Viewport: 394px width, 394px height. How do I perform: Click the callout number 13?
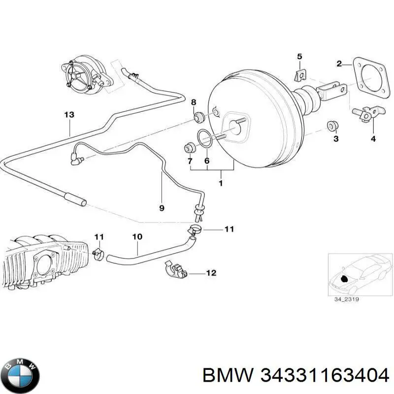tap(69, 115)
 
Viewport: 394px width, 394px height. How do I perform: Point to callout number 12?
tap(211, 272)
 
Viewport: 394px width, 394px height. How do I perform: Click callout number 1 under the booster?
tap(220, 184)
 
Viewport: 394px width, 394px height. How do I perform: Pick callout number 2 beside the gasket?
tap(339, 64)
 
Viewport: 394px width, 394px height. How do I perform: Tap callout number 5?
tap(299, 57)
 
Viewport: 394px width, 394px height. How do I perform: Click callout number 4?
tap(373, 139)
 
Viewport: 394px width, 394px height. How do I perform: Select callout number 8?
tap(194, 102)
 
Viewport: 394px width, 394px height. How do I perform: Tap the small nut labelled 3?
tap(333, 126)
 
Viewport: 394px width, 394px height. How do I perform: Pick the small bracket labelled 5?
tap(298, 75)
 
